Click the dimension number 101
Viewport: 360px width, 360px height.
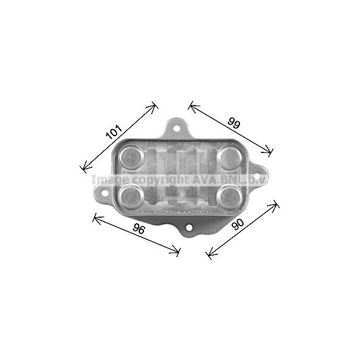pyautogui.click(x=114, y=131)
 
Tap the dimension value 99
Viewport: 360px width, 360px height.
pyautogui.click(x=234, y=124)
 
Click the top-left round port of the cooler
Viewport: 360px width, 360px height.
pyautogui.click(x=130, y=158)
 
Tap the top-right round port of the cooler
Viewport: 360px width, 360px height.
pyautogui.click(x=229, y=158)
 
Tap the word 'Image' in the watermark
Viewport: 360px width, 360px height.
pyautogui.click(x=109, y=179)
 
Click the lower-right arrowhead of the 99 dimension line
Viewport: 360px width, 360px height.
pyautogui.click(x=271, y=152)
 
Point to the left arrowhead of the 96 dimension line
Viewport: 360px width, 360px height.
pyautogui.click(x=95, y=217)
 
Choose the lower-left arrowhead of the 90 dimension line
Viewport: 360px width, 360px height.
pyautogui.click(x=208, y=257)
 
